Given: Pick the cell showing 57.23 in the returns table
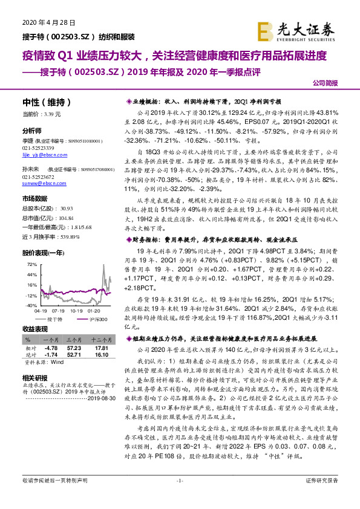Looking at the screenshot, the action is click(x=74, y=349).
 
